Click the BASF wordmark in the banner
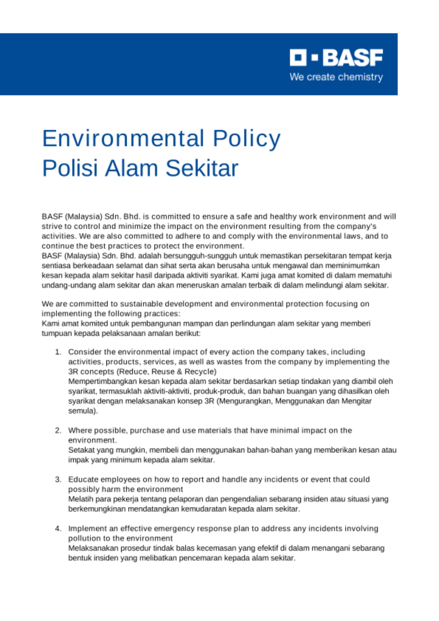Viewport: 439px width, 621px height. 353,57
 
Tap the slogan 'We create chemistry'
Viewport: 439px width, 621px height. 336,77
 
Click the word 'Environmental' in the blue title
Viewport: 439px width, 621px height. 123,138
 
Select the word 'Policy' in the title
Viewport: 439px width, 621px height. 247,138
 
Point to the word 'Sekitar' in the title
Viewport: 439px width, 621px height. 202,168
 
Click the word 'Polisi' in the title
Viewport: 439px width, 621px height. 70,168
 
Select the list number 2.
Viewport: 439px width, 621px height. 58,431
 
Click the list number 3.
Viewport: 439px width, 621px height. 58,479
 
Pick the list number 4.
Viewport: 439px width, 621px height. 58,528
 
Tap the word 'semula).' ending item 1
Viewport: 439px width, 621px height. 83,411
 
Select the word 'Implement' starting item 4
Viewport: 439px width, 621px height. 85,528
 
